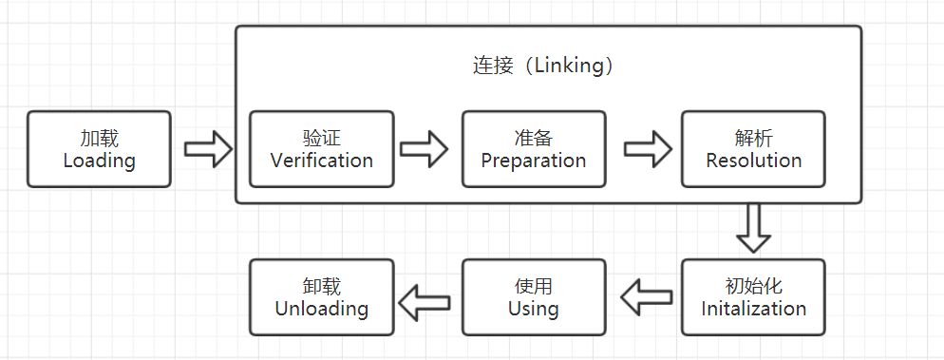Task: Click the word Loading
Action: click(x=99, y=161)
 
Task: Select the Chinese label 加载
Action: click(x=99, y=137)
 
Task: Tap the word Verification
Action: click(x=321, y=161)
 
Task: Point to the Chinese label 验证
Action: click(x=321, y=137)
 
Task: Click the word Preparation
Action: click(x=533, y=161)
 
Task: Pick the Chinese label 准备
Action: click(x=533, y=137)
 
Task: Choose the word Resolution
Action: click(x=753, y=161)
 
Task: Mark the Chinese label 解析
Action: click(x=753, y=137)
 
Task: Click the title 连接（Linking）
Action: click(x=547, y=66)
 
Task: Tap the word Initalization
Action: click(x=753, y=309)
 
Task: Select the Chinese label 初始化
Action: click(x=753, y=286)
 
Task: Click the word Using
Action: click(x=533, y=309)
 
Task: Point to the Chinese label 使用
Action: click(x=533, y=286)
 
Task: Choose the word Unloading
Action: click(x=321, y=309)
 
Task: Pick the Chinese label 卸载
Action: click(x=321, y=286)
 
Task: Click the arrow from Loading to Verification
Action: click(x=207, y=148)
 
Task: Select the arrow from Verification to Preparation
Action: click(x=424, y=148)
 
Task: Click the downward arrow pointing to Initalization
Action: click(x=754, y=228)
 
